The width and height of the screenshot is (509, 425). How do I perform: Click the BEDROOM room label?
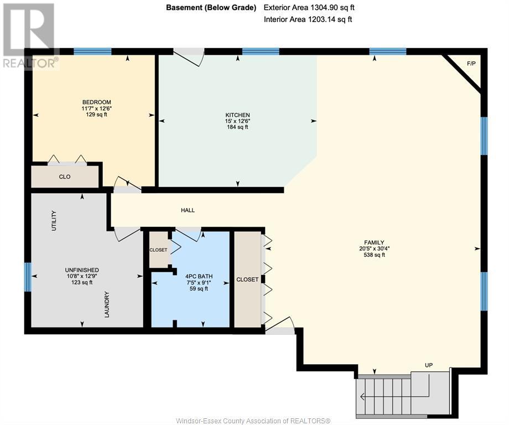point(96,102)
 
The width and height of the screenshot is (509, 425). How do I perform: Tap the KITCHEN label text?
point(237,115)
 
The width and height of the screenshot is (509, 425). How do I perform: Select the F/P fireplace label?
point(471,64)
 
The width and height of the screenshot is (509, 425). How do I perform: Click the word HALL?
point(188,210)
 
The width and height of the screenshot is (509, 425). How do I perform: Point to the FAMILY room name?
point(374,242)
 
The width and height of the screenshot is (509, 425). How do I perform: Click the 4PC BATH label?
point(199,276)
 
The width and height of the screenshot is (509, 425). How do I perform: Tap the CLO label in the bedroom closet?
point(65,177)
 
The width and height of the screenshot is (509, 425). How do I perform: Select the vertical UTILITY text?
point(54,221)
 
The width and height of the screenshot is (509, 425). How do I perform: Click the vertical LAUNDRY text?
point(107,304)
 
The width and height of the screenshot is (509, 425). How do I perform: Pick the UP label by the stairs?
point(429,365)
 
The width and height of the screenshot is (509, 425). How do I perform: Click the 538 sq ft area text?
point(375,255)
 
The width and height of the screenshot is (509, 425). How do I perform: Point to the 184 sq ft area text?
point(237,127)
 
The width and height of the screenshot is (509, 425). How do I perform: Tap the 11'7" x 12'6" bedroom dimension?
point(96,108)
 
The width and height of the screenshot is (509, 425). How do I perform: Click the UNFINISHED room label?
point(82,270)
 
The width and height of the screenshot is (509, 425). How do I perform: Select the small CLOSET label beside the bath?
point(158,250)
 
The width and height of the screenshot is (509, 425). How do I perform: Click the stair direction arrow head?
point(362,396)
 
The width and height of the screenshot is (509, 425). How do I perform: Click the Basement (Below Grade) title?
point(211,7)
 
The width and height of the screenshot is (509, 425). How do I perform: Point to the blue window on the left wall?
point(28,277)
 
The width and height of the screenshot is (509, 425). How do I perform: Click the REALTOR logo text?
point(31,63)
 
